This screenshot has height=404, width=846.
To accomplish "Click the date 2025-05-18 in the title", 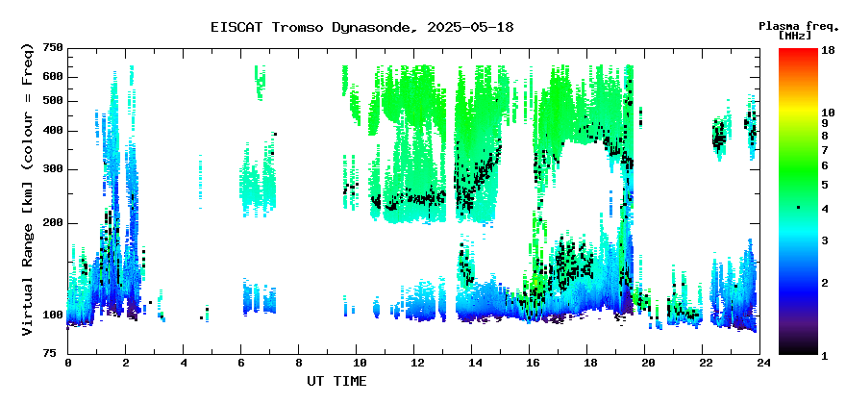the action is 470,27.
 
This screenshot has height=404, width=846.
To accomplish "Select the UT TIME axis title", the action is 336,381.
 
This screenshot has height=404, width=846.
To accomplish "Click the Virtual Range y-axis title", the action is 28,189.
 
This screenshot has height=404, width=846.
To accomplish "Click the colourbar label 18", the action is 828,50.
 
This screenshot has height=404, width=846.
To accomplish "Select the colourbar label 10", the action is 828,113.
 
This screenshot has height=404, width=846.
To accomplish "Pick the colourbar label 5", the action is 825,185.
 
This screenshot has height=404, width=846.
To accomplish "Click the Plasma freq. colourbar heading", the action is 799,26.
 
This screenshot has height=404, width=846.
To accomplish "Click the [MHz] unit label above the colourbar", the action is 795,36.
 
